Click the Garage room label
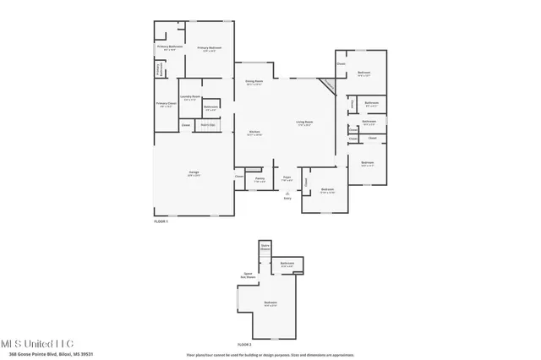(x=194, y=172)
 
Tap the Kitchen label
(x=254, y=133)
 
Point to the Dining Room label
(x=254, y=82)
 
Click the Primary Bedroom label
(x=210, y=48)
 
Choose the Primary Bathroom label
(x=170, y=46)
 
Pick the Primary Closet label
(x=165, y=104)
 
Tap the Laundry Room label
(x=190, y=97)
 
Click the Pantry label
(x=260, y=178)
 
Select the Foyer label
(x=287, y=178)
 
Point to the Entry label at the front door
(x=287, y=199)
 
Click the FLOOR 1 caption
(x=161, y=221)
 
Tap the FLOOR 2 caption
(x=244, y=345)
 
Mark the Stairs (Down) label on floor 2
(x=265, y=248)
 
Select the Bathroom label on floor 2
(x=287, y=264)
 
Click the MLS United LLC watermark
(x=37, y=343)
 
